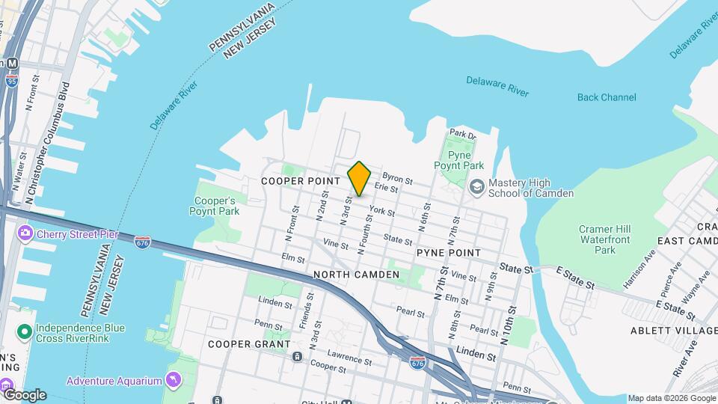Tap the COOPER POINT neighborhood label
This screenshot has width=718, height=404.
click(x=301, y=181)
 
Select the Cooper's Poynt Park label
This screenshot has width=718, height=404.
click(x=217, y=206)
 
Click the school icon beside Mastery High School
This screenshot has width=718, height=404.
click(x=476, y=187)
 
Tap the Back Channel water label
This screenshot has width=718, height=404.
click(x=607, y=97)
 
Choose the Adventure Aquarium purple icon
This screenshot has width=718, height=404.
click(x=174, y=380)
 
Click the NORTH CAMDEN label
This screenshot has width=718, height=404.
click(x=356, y=275)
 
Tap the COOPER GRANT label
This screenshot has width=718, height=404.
click(x=249, y=344)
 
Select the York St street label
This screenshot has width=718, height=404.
click(x=381, y=212)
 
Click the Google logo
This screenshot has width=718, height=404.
click(x=24, y=394)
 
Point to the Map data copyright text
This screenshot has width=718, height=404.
click(x=670, y=398)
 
